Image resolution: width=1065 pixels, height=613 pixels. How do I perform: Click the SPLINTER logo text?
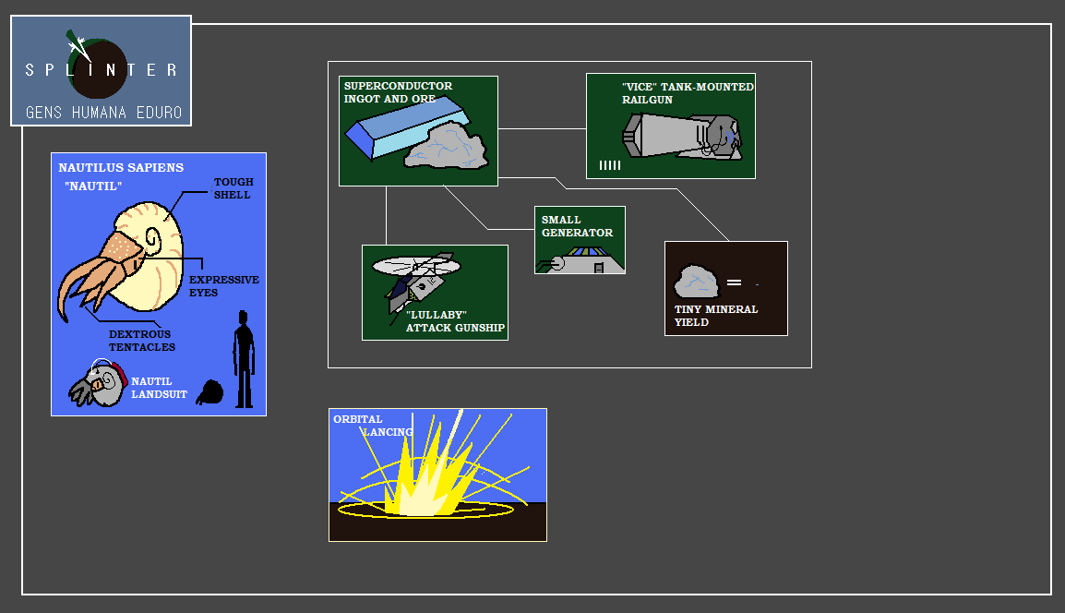point(102,70)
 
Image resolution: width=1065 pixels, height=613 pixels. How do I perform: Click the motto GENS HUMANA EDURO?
point(103,113)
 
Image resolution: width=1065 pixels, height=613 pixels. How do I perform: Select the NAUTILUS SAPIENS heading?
point(121,168)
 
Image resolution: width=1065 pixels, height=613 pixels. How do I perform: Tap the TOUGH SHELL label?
point(233,188)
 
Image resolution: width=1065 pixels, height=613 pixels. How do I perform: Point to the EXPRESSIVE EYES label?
point(223,286)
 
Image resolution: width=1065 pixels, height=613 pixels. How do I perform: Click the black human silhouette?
point(244,359)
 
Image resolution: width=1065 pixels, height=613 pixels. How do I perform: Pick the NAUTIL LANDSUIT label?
point(159,388)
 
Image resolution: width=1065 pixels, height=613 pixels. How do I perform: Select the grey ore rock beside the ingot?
point(447,147)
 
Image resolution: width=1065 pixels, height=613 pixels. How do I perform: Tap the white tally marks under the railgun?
point(609,165)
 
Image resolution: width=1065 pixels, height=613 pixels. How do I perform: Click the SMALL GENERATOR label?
point(577,226)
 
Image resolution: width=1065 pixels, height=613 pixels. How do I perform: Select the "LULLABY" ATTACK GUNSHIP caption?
point(455,321)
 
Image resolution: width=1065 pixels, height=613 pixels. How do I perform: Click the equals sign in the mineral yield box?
point(734,282)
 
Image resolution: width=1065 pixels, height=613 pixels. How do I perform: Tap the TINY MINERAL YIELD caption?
point(715,316)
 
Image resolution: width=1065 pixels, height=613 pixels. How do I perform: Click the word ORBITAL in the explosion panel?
point(357,419)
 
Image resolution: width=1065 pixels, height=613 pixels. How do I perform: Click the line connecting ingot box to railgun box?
point(542,129)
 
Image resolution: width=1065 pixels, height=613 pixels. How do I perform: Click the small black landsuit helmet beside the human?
point(210,392)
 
